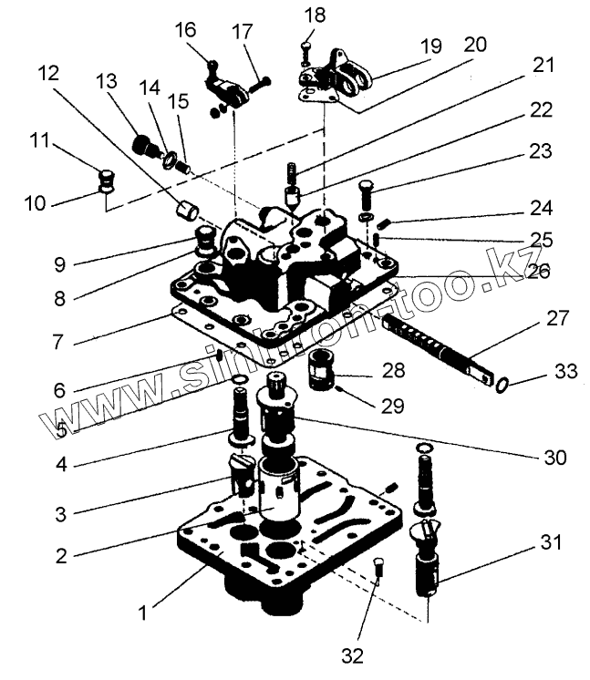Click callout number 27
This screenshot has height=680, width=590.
557,319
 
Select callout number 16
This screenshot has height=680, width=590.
185,30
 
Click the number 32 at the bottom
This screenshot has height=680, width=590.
352,654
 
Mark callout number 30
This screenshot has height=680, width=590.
556,457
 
